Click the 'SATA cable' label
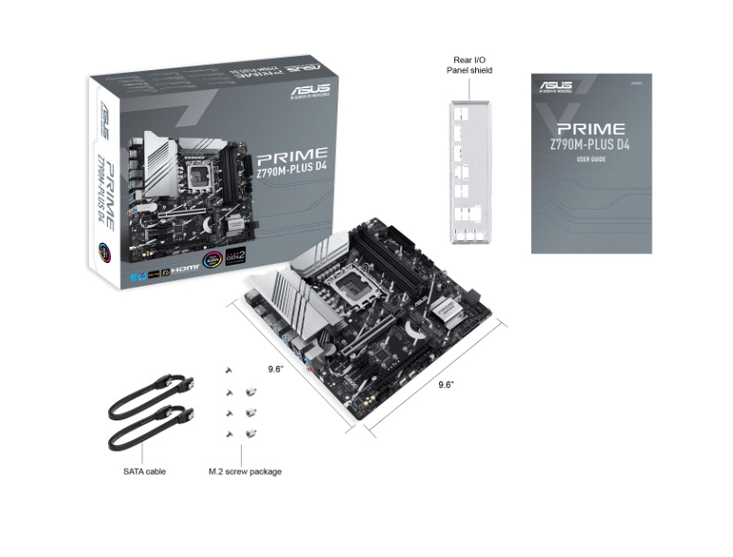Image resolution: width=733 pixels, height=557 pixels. pos(144,471)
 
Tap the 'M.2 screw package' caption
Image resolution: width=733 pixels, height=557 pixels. pos(245,471)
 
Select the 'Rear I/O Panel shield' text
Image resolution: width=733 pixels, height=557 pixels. pos(469,65)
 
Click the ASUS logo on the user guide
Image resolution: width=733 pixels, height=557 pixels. pos(556,86)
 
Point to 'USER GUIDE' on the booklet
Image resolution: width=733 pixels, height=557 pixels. pos(591,159)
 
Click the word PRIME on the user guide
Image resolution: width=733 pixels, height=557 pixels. pos(591,128)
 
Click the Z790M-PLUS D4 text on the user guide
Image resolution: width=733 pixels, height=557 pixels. pos(591,144)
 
